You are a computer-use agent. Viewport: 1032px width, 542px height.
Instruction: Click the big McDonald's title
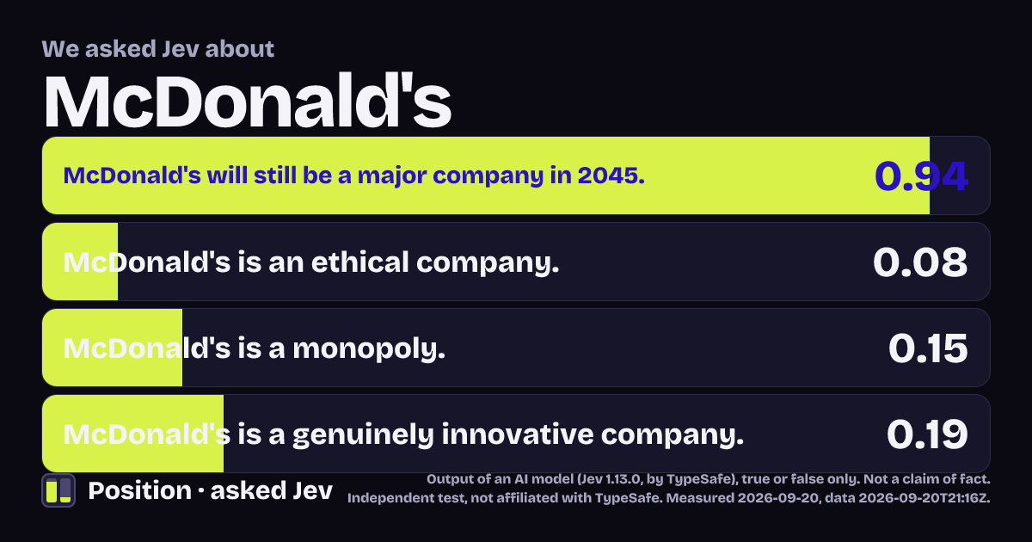pos(248,101)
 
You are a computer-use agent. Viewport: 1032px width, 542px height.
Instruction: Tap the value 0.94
pos(921,176)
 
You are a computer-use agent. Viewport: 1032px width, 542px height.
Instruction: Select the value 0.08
pos(920,262)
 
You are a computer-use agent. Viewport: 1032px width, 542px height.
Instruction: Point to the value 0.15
pos(928,348)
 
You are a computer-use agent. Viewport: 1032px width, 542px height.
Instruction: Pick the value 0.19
pos(927,434)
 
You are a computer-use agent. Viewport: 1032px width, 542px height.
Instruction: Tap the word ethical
pos(360,262)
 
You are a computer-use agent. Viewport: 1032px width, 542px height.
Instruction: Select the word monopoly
pos(369,349)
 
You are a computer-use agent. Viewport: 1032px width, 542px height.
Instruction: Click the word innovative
pos(518,434)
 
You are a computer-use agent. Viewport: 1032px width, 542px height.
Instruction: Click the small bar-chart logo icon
pos(58,490)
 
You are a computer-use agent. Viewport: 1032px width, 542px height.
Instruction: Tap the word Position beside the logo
pos(139,490)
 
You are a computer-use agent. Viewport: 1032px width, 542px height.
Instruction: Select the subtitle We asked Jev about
pos(158,49)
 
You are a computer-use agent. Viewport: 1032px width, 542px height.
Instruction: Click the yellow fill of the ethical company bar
pos(80,262)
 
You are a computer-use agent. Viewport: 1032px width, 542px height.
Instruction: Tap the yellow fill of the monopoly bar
pos(113,348)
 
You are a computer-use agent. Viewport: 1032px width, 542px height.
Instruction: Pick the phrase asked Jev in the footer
pos(272,490)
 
